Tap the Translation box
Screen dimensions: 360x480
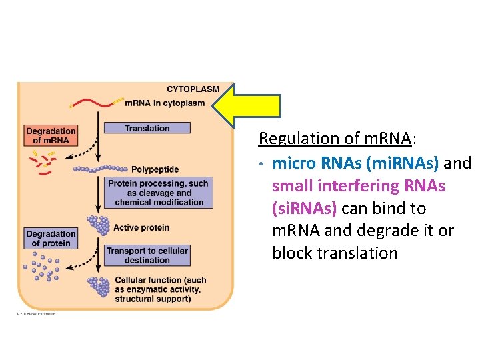coord(147,128)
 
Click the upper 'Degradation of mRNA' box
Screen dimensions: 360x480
coord(51,136)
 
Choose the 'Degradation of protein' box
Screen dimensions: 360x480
coord(51,239)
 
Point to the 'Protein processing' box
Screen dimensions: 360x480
coord(158,193)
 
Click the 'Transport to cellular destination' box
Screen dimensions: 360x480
coord(147,255)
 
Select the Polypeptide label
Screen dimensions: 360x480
coord(155,169)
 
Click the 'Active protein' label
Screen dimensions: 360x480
coord(141,228)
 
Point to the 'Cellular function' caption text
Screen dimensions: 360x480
coord(161,290)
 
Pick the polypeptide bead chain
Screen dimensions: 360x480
coord(100,169)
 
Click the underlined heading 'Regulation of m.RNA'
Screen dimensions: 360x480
coord(335,139)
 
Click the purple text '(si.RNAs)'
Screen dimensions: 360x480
coord(306,209)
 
